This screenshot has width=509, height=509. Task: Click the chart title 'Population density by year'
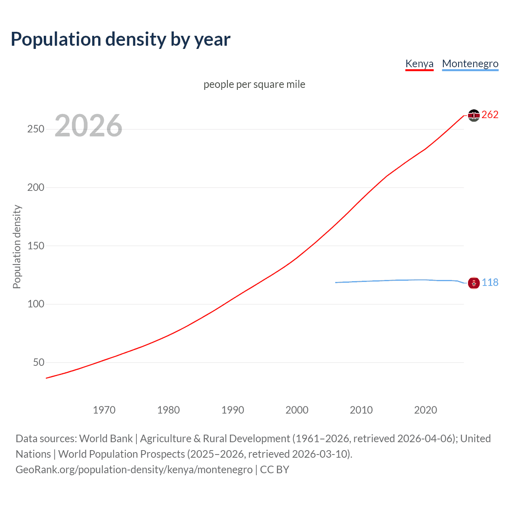pyautogui.click(x=120, y=39)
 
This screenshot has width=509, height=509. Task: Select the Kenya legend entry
pyautogui.click(x=419, y=64)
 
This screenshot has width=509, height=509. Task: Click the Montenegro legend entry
pyautogui.click(x=470, y=64)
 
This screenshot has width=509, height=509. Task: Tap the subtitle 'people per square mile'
pyautogui.click(x=254, y=84)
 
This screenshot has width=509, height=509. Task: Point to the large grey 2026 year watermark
pyautogui.click(x=88, y=126)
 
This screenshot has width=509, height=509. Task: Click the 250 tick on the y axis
pyautogui.click(x=36, y=129)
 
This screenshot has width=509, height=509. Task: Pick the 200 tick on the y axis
pyautogui.click(x=36, y=187)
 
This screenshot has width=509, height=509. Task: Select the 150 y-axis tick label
pyautogui.click(x=36, y=246)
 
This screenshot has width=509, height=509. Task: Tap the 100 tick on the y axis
pyautogui.click(x=36, y=304)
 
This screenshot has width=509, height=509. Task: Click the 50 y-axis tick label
pyautogui.click(x=39, y=362)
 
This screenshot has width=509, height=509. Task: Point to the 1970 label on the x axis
pyautogui.click(x=104, y=410)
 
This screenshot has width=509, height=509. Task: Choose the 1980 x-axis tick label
pyautogui.click(x=169, y=410)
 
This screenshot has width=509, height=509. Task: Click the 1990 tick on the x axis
pyautogui.click(x=233, y=410)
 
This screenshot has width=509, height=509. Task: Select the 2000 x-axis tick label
pyautogui.click(x=297, y=410)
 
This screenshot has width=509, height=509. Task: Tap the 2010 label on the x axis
pyautogui.click(x=361, y=410)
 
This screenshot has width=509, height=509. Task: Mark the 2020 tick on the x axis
pyautogui.click(x=425, y=410)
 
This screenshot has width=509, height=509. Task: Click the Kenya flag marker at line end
pyautogui.click(x=474, y=115)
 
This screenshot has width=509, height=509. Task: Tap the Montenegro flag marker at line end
pyautogui.click(x=474, y=283)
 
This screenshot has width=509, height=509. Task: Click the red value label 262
pyautogui.click(x=490, y=115)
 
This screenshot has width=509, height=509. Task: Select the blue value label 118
pyautogui.click(x=490, y=282)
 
